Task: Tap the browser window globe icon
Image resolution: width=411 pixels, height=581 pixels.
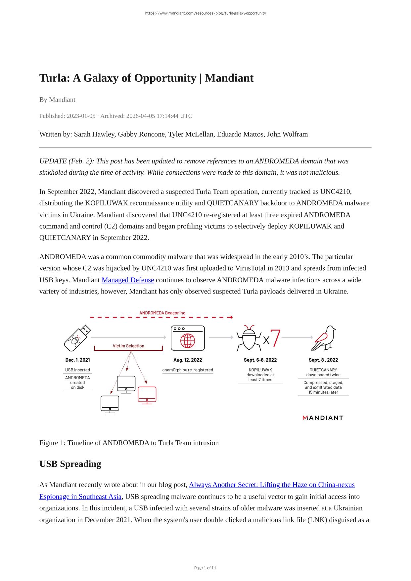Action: click(188, 338)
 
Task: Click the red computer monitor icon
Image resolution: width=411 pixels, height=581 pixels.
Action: click(147, 395)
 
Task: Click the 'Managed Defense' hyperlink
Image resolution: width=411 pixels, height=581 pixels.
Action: click(128, 280)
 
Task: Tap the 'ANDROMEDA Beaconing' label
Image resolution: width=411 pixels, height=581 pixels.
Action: click(162, 313)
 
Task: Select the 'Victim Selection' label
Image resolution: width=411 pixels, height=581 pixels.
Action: click(128, 346)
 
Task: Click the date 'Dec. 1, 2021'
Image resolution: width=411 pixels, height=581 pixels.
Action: click(77, 360)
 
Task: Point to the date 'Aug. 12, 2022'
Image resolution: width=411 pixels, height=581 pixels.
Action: click(188, 360)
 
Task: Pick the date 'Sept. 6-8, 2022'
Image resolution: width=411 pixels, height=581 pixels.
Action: click(260, 360)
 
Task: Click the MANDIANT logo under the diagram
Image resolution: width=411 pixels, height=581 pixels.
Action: click(323, 418)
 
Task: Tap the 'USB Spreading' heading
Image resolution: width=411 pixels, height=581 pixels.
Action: click(70, 464)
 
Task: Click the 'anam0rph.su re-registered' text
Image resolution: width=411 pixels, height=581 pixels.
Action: click(188, 370)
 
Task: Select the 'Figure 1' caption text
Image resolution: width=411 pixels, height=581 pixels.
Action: click(129, 443)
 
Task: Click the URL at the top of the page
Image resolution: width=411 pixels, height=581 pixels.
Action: click(205, 13)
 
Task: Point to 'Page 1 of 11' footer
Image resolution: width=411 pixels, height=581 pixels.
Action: click(205, 568)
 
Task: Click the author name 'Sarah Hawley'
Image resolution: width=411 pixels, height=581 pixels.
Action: click(94, 134)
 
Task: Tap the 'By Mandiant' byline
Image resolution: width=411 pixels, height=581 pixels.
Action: click(57, 100)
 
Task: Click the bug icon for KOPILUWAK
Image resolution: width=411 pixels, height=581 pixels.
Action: click(249, 338)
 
